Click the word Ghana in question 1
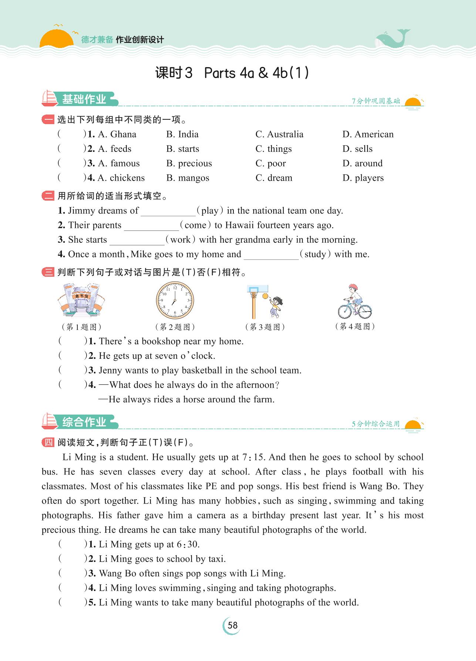click(123, 134)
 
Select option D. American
click(368, 134)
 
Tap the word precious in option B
click(195, 163)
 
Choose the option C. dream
click(274, 178)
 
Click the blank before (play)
click(168, 211)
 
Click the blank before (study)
click(271, 255)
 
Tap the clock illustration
click(175, 300)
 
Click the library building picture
click(80, 300)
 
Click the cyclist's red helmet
click(353, 287)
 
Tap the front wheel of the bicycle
click(364, 311)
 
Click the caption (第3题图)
click(265, 327)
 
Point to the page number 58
click(233, 625)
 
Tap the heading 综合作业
click(84, 422)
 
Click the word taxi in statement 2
click(216, 559)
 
